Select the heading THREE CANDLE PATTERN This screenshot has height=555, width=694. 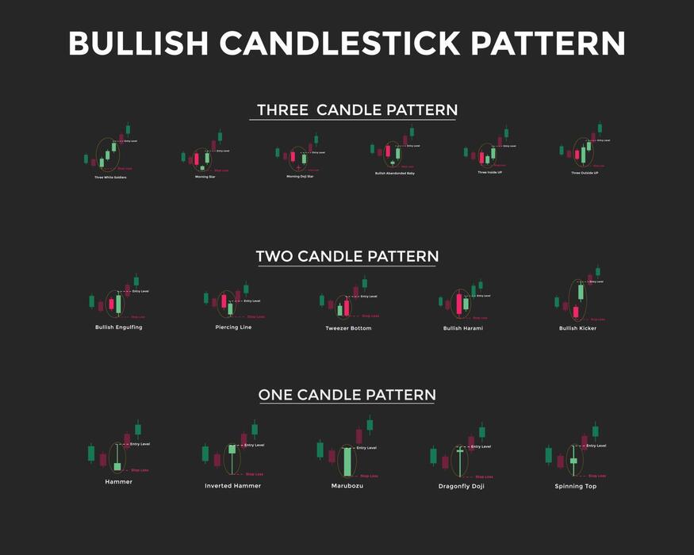[353, 110]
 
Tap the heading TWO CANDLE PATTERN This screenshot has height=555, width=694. [347, 256]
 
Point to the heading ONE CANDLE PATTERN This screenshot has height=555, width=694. [347, 394]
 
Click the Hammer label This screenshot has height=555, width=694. [118, 481]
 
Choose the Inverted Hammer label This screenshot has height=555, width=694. [232, 485]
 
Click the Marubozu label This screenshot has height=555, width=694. [347, 485]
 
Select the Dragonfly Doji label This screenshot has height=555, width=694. [461, 485]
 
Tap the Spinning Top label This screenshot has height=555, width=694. [575, 486]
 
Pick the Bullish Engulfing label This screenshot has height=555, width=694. [119, 327]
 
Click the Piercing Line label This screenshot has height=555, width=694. [233, 327]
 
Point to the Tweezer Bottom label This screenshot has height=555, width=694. [348, 327]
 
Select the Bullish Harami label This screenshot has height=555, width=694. [463, 327]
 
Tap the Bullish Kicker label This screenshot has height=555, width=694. [577, 327]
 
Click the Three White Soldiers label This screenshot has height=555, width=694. [110, 177]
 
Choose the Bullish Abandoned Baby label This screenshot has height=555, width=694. [394, 173]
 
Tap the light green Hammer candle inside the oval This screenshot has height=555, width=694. [117, 466]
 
